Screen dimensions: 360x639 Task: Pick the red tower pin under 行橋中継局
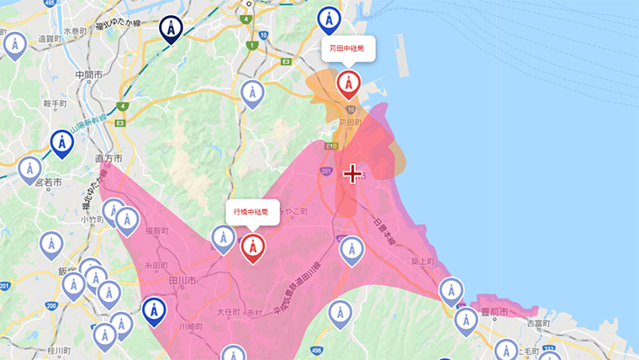coord(253,247)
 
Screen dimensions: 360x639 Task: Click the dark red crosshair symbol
coord(352,173)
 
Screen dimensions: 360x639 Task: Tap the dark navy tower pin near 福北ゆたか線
coord(172,29)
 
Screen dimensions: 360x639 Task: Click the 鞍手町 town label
coord(54,103)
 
